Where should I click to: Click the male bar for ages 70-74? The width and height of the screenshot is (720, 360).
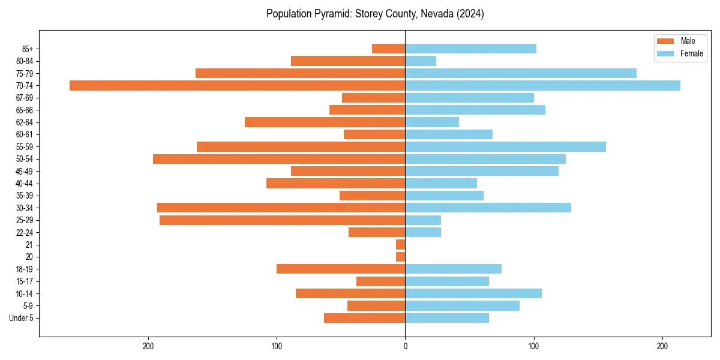[237, 85]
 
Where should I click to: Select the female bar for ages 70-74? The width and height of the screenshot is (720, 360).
[542, 85]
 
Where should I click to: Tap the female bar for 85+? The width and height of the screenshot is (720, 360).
[470, 49]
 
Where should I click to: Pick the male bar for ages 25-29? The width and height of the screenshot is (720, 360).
[282, 220]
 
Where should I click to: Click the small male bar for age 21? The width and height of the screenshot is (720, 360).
[400, 245]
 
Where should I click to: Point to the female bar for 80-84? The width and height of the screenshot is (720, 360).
[421, 61]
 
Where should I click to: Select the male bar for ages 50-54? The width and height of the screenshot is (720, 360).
[279, 159]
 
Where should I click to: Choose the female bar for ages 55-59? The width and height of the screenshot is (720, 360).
[505, 146]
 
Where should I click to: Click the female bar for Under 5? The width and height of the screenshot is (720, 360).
[447, 318]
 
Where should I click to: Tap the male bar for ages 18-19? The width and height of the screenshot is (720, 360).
[341, 269]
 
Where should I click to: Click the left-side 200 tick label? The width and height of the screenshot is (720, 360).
[148, 346]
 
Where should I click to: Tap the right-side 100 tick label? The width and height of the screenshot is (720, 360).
[533, 346]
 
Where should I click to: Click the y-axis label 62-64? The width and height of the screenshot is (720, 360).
[25, 122]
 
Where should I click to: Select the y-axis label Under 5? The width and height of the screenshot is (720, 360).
[22, 318]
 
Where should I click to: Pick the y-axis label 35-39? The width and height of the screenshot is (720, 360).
[25, 196]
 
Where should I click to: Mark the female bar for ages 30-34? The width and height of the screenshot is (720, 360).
[488, 208]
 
